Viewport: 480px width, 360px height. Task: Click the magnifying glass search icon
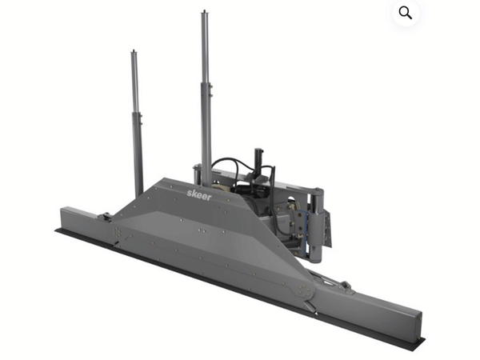[x=406, y=13]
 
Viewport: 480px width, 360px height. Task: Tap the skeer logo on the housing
[x=199, y=194]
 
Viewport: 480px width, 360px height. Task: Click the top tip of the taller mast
[x=204, y=14]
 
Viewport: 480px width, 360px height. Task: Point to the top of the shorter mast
[x=134, y=53]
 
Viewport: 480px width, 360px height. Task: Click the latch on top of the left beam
[x=104, y=216]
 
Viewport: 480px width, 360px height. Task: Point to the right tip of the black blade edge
[x=422, y=346]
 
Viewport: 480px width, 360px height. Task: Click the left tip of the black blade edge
[x=58, y=231]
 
